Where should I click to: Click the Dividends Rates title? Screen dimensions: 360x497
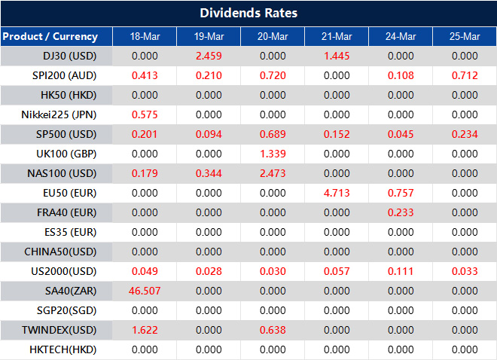coord(248,13)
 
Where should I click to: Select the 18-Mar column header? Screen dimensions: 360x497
coord(145,36)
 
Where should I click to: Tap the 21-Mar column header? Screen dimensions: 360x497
coord(337,36)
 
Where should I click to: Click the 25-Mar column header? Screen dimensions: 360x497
coord(465,36)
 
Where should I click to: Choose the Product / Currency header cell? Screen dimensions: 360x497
coord(50,36)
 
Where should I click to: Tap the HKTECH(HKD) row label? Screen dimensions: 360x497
coord(63,349)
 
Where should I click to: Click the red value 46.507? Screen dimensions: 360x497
coord(145,291)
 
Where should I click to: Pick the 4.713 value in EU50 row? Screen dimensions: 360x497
coord(337,193)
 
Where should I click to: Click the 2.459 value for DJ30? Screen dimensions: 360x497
coord(209,56)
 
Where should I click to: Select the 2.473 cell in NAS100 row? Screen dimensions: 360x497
coord(273,173)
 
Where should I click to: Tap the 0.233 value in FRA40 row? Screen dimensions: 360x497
coord(401,212)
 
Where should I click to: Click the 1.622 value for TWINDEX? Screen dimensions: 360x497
coord(145,330)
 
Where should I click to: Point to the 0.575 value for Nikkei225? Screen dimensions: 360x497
coord(145,114)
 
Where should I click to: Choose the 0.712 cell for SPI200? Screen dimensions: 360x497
coord(465,75)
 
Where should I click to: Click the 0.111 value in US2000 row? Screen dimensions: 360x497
coord(401,271)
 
